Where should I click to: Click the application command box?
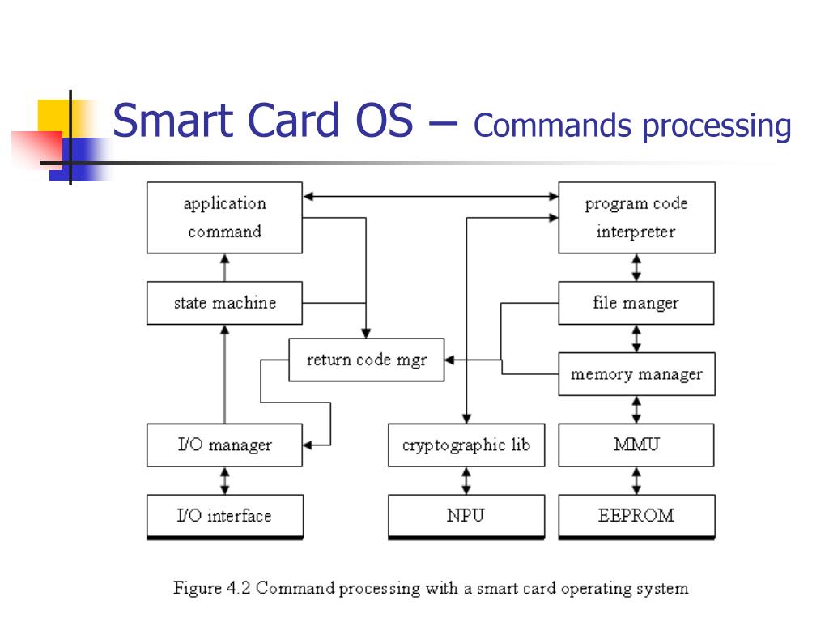point(224,217)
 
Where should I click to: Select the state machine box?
point(224,303)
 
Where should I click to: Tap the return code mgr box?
point(366,360)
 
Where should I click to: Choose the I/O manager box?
point(224,445)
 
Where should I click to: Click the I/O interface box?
point(224,516)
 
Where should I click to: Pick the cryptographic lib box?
point(466,445)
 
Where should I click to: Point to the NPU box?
point(466,516)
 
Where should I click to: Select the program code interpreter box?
point(636,217)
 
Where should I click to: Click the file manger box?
point(636,303)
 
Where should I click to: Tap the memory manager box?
point(636,374)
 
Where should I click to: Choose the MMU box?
point(636,445)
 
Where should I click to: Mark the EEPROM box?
point(636,516)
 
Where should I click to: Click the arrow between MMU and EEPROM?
point(636,480)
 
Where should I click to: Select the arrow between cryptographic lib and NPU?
point(466,480)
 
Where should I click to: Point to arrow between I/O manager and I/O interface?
point(225,480)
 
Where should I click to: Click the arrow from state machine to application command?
point(225,267)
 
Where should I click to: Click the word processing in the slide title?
point(716,126)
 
